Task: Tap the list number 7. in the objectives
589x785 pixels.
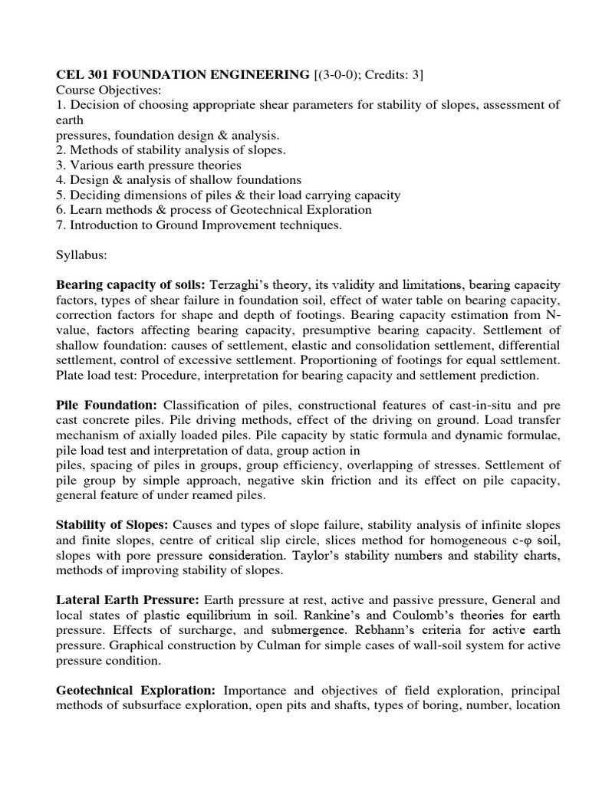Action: [61, 225]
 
